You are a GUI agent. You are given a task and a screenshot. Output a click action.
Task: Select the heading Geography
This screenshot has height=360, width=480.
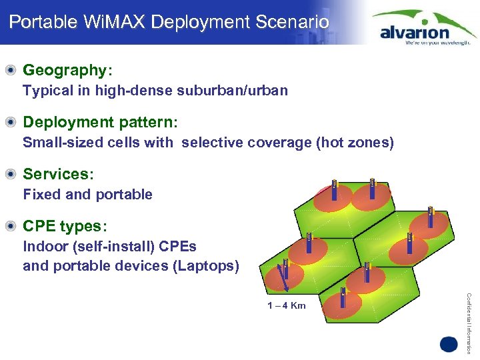tap(64, 70)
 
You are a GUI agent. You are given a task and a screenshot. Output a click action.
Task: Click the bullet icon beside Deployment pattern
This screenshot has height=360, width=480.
tap(11, 122)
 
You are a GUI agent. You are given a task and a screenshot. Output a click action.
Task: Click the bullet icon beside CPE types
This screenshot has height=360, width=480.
tap(11, 226)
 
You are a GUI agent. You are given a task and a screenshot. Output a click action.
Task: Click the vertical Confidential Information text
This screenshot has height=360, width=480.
tap(469, 313)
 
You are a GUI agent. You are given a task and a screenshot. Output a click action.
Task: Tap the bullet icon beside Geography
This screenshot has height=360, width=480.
tap(11, 70)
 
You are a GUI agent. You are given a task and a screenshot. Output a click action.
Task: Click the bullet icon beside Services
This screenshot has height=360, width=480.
tap(11, 174)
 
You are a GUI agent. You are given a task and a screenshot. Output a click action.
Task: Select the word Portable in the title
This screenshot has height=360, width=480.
tap(39, 22)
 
